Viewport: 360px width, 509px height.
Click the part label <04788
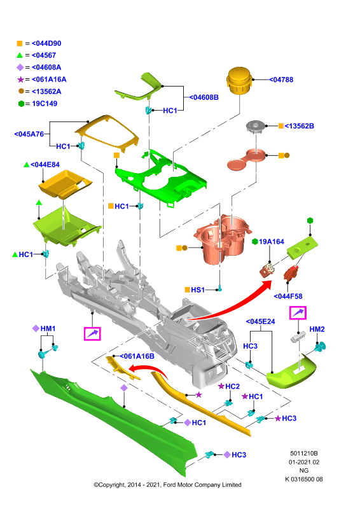(x=281, y=80)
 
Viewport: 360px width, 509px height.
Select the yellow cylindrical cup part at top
(x=239, y=80)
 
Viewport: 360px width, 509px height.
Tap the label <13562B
(x=300, y=126)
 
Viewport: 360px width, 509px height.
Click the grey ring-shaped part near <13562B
(x=256, y=126)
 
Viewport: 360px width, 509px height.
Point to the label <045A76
(x=29, y=134)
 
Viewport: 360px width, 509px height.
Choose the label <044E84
(x=45, y=165)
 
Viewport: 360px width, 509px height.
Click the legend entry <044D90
(x=46, y=43)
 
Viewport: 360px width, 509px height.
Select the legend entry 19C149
(x=45, y=104)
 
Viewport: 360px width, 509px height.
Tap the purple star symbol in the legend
(x=20, y=80)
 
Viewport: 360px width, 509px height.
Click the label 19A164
(x=272, y=242)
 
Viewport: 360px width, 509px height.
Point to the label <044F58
(x=288, y=296)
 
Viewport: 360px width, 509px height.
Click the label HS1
(x=198, y=289)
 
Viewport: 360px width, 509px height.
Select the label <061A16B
(x=137, y=356)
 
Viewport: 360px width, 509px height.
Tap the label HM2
(x=317, y=329)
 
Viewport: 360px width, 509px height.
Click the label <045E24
(x=260, y=321)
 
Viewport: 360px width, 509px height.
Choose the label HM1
(x=48, y=328)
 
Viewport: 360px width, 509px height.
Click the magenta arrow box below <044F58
(x=298, y=313)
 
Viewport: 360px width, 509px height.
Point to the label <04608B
(x=204, y=97)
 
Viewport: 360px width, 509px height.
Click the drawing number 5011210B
(x=304, y=453)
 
